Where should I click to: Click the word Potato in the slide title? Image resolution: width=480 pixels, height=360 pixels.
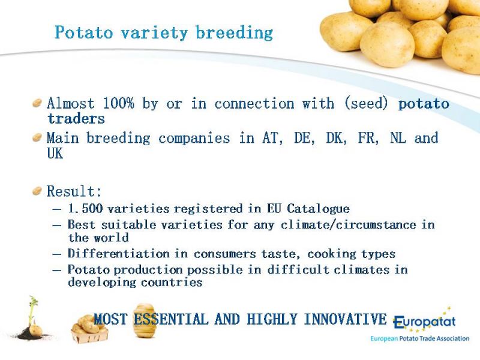[x=84, y=32]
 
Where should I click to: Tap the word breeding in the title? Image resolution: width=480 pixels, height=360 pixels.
[x=234, y=33]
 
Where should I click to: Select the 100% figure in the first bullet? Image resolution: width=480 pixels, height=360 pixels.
[x=118, y=103]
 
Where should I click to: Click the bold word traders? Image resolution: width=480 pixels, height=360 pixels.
[x=76, y=118]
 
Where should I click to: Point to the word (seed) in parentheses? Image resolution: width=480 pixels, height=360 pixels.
[x=366, y=103]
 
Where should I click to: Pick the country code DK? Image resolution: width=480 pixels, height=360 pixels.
[x=337, y=138]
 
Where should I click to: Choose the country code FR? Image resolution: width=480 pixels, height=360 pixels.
[x=368, y=138]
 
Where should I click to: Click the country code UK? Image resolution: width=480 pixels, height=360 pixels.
[x=55, y=154]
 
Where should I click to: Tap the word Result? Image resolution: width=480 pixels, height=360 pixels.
[x=74, y=191]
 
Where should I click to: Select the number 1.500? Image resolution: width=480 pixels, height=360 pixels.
[x=85, y=208]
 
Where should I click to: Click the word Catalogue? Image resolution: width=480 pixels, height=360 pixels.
[x=318, y=209]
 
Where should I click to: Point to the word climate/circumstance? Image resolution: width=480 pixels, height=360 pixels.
[x=349, y=224]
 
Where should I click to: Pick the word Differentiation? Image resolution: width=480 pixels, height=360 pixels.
[x=118, y=253]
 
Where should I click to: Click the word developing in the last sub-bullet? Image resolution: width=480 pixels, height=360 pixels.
[x=102, y=283]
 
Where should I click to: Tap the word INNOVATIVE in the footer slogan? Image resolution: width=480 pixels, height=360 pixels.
[x=346, y=319]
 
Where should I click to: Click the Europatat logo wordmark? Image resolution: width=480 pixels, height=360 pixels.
[x=424, y=321]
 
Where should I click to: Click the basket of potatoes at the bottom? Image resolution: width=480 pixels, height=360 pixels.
[x=89, y=329]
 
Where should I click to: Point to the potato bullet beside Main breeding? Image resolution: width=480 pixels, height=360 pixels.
[x=37, y=137]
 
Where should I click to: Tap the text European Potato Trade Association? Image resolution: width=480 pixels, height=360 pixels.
[x=419, y=338]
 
